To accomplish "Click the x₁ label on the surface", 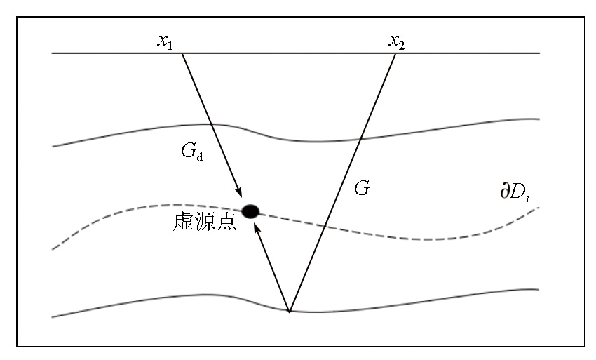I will pyautogui.click(x=165, y=42).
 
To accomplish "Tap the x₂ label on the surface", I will pyautogui.click(x=397, y=42).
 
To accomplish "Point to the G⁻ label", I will pyautogui.click(x=363, y=187).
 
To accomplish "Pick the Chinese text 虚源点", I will pyautogui.click(x=203, y=222).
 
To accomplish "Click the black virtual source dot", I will pyautogui.click(x=250, y=210).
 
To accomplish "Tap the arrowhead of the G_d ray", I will pyautogui.click(x=239, y=192).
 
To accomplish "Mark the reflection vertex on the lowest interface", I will pyautogui.click(x=289, y=311).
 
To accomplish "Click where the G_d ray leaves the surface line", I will pyautogui.click(x=182, y=53).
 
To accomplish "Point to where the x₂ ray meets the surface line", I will pyautogui.click(x=396, y=53).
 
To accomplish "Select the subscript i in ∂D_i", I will pyautogui.click(x=527, y=196).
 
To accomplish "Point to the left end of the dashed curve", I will pyautogui.click(x=53, y=248).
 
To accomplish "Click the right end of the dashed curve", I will pyautogui.click(x=538, y=208).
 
